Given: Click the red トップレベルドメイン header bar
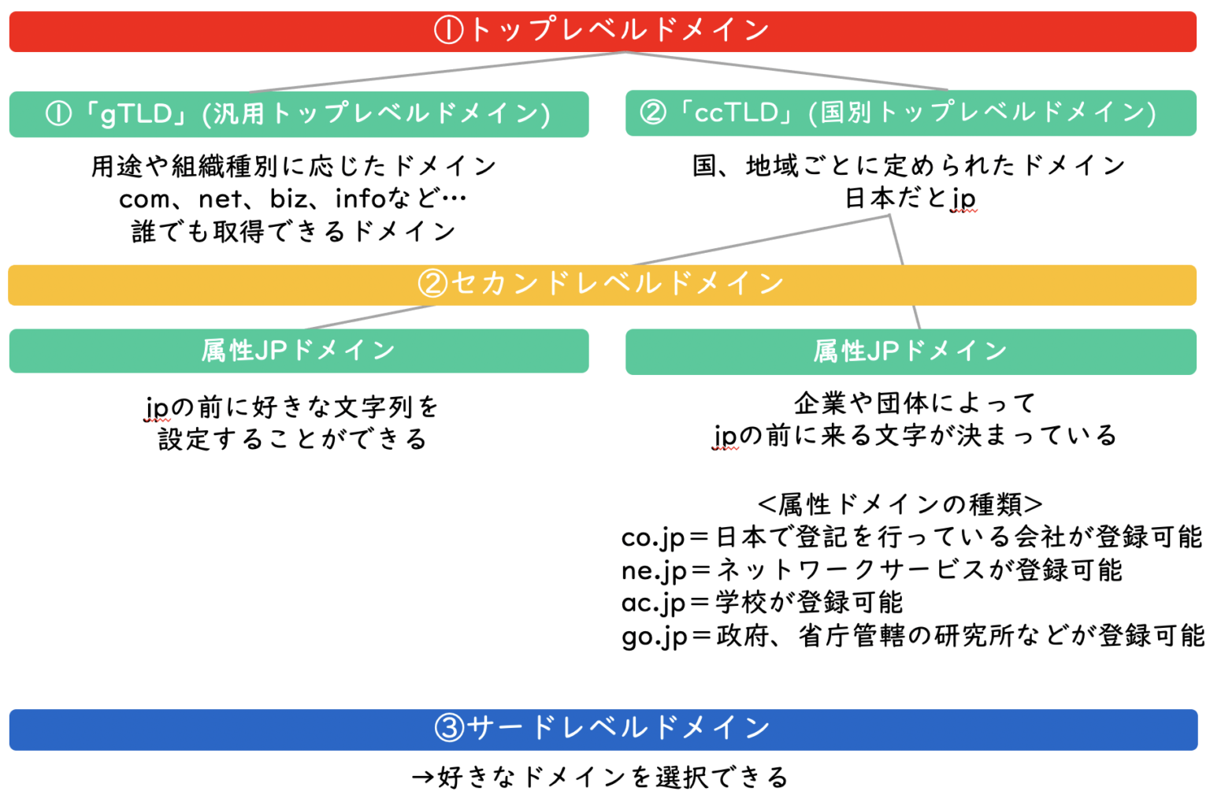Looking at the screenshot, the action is [x=603, y=32].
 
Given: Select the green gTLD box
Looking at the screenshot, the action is [x=299, y=114].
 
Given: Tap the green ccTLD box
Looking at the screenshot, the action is [x=911, y=113].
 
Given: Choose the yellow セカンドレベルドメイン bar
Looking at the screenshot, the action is [x=602, y=285].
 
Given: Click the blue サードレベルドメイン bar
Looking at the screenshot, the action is [x=603, y=730].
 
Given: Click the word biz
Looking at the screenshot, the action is [x=289, y=199].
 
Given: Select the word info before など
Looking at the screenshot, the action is [x=360, y=199].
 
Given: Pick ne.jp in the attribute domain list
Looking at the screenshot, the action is [x=653, y=571].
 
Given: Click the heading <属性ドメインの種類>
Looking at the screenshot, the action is [x=900, y=504].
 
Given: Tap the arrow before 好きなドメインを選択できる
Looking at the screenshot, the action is [x=424, y=778].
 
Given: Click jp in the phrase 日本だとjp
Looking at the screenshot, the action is [x=965, y=199].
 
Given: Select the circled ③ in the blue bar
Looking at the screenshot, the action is [x=450, y=728].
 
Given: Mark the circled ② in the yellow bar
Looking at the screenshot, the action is [x=432, y=284].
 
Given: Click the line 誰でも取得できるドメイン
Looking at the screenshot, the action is [x=294, y=232].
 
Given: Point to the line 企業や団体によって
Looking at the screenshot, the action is [x=915, y=403].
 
